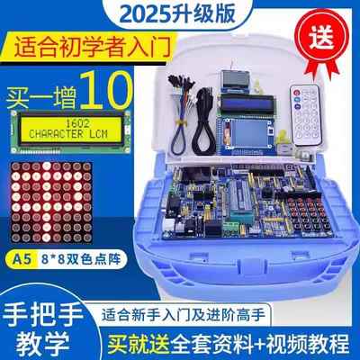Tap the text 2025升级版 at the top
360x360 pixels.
(x=180, y=12)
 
